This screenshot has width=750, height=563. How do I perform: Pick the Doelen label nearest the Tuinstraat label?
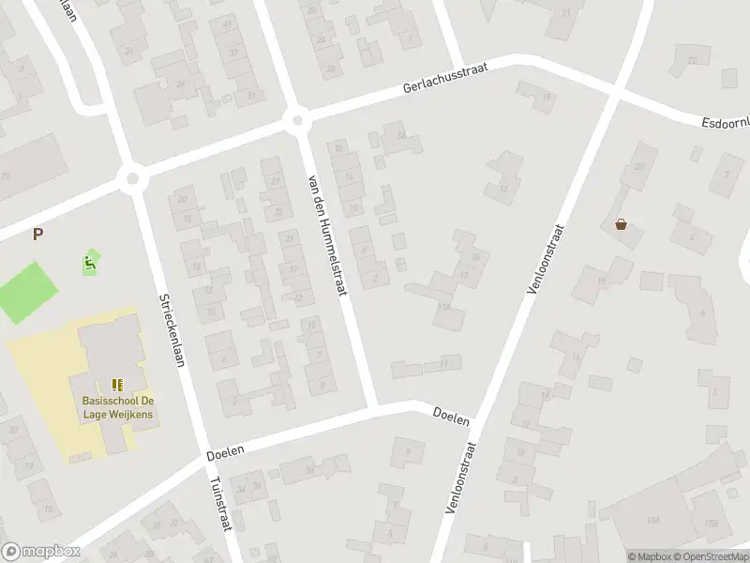click(225, 452)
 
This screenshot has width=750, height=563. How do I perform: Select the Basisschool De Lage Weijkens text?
click(118, 408)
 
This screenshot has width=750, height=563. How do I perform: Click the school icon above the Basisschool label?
click(118, 385)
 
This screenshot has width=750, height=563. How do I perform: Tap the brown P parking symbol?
click(37, 235)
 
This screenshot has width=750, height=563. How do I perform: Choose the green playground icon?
click(91, 263)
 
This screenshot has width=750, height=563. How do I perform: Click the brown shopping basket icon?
click(621, 224)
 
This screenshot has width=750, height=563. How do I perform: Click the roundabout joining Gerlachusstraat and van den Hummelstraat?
click(298, 119)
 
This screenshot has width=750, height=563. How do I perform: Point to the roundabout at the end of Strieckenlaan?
click(133, 177)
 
